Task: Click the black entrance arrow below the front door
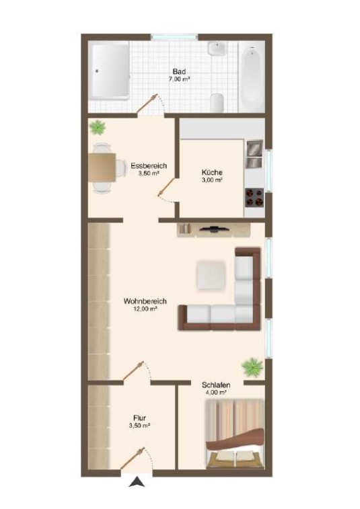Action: tap(137, 481)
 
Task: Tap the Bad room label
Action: tap(179, 71)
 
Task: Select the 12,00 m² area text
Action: tap(145, 309)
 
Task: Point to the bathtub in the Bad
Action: tap(252, 77)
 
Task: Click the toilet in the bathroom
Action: tap(217, 103)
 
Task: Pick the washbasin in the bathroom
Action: tap(217, 49)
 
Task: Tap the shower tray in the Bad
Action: tap(110, 71)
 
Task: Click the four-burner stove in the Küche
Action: tap(255, 198)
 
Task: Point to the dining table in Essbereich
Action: tap(102, 168)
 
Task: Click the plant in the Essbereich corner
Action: tap(98, 127)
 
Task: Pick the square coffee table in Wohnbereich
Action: tap(211, 274)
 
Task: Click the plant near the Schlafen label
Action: tap(252, 367)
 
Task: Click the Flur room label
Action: tap(139, 418)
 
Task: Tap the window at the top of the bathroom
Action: tap(175, 37)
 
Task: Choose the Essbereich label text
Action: tap(149, 166)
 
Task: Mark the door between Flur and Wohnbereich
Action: tap(133, 370)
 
